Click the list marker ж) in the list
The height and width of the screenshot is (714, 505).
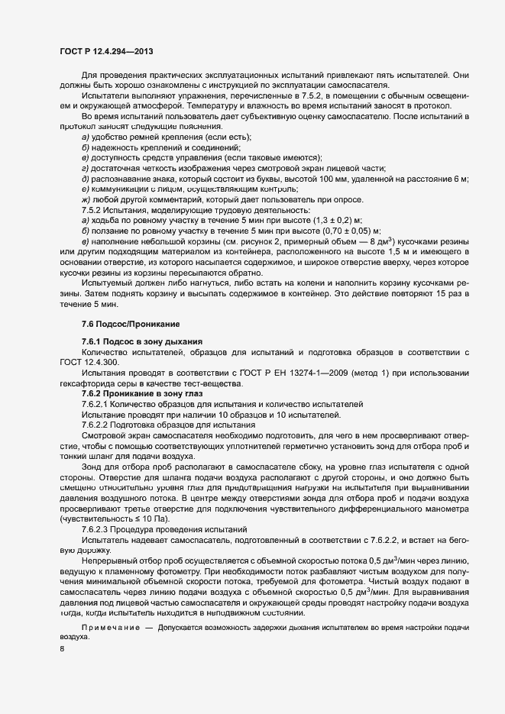pos(85,199)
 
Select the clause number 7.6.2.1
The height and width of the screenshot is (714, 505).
pos(98,403)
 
